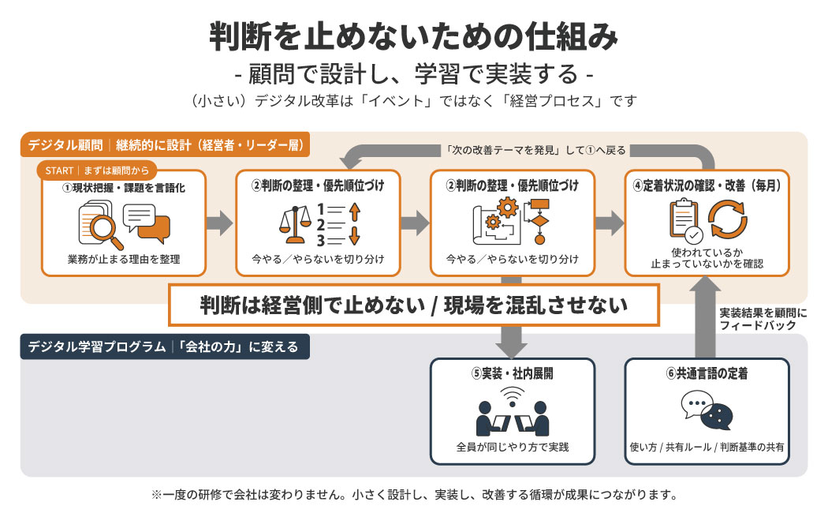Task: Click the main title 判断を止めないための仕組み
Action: [414, 36]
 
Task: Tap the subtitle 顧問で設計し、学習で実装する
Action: [414, 75]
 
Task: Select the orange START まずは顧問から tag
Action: [96, 170]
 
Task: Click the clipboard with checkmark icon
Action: [685, 223]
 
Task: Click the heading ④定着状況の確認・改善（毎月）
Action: [707, 187]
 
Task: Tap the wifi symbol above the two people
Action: [513, 394]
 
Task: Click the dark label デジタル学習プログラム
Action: [92, 346]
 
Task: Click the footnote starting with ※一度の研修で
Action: [414, 496]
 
